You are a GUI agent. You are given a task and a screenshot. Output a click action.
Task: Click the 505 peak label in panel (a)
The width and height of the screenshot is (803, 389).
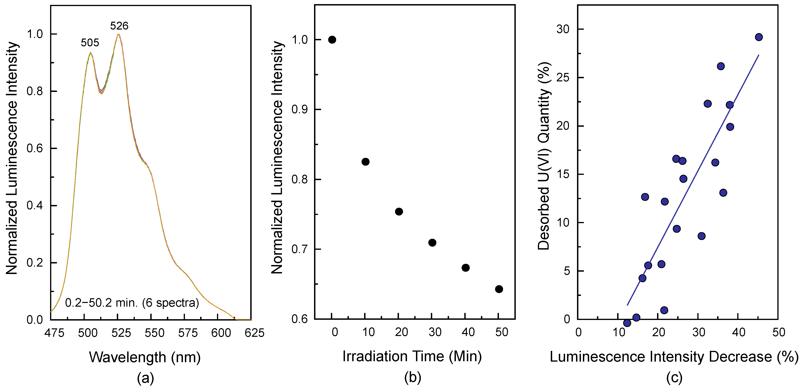point(90,43)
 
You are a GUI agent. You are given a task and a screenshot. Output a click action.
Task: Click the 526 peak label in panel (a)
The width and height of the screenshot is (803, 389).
point(119,26)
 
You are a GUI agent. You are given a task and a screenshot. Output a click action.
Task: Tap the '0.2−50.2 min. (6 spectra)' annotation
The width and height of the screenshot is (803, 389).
point(132,303)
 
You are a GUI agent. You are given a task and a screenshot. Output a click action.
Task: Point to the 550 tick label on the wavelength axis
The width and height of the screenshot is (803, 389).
point(154,333)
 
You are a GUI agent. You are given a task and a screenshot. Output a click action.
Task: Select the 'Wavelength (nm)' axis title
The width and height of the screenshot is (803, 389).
point(145,357)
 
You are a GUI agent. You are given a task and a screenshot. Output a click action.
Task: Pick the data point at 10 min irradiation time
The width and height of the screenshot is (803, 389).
point(365,162)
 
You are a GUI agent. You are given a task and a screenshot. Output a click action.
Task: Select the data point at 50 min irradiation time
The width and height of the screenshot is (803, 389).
point(499,289)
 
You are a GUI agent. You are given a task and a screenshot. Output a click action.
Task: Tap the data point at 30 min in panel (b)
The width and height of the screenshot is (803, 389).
point(432,243)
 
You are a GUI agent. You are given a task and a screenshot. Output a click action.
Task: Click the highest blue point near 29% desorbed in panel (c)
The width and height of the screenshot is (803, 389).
point(759,37)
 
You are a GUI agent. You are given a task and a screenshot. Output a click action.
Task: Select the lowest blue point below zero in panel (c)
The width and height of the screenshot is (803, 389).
point(627,323)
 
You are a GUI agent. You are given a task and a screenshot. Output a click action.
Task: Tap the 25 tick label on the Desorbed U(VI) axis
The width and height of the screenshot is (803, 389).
point(563,78)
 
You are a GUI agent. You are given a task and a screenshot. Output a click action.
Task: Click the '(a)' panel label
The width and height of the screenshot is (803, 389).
point(145,378)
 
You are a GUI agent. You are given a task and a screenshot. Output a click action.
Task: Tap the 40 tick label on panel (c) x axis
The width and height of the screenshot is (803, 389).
point(738,332)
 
